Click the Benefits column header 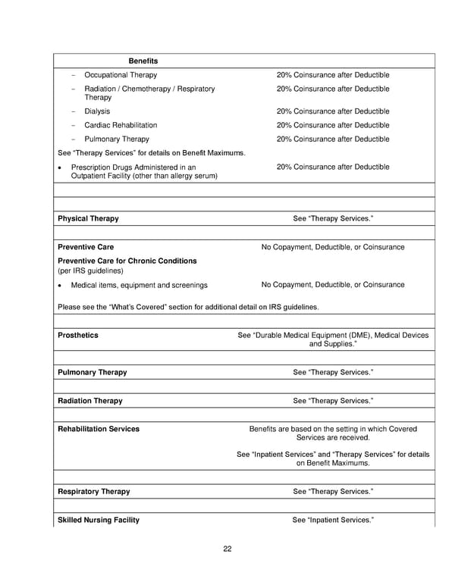(x=143, y=61)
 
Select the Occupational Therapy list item (x=121, y=75)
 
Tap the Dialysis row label (x=97, y=111)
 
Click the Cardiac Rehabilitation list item (x=121, y=125)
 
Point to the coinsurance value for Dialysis (x=333, y=111)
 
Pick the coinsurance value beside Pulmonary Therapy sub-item (x=333, y=139)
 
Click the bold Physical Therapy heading (x=88, y=219)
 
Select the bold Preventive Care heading (x=86, y=247)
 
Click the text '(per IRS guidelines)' (x=89, y=271)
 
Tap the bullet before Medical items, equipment (x=60, y=286)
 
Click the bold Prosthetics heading (x=78, y=335)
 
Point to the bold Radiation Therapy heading (x=89, y=401)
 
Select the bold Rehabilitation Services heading (x=99, y=429)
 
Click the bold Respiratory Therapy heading (x=93, y=492)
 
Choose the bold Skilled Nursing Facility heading (x=99, y=521)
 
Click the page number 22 (x=227, y=549)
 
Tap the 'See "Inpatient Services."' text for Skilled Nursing (x=333, y=521)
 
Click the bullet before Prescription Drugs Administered (x=60, y=167)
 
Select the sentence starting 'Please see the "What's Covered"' (x=188, y=307)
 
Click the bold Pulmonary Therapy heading (x=92, y=373)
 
